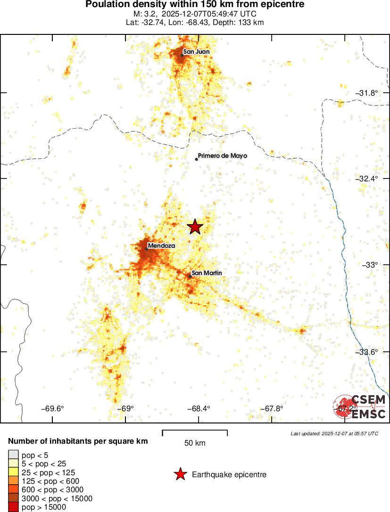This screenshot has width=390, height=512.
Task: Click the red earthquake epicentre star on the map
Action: [x=195, y=227]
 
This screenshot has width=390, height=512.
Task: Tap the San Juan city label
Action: [x=196, y=52]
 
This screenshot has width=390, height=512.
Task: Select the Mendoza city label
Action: [x=161, y=245]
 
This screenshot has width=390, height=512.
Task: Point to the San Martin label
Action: [x=207, y=273]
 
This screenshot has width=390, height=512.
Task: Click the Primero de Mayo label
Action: [x=222, y=155]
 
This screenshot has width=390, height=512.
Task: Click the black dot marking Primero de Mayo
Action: [x=197, y=159]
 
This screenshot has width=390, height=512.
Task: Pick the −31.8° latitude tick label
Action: [x=366, y=93]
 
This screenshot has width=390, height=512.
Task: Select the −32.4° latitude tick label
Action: [x=366, y=179]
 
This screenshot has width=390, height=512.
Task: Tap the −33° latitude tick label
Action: [x=370, y=265]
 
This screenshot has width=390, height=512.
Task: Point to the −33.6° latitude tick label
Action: [x=366, y=352]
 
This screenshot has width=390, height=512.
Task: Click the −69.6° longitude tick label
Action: [x=52, y=408]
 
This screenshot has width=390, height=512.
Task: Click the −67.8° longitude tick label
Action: [x=272, y=408]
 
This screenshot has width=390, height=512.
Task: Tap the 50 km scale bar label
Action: [x=195, y=443]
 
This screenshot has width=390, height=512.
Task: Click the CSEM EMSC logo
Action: [x=360, y=406]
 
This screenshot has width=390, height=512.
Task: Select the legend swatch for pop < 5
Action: [x=13, y=455]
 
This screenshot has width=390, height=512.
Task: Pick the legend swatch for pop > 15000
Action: [x=13, y=507]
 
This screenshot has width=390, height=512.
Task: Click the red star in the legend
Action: [x=180, y=474]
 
